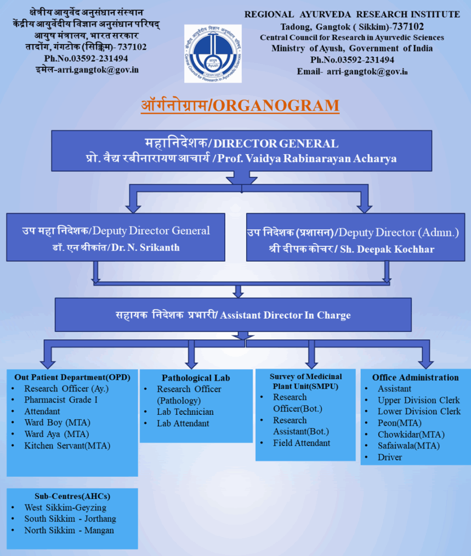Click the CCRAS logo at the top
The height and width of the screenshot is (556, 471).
pyautogui.click(x=213, y=53)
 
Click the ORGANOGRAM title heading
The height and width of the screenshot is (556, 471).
pyautogui.click(x=240, y=105)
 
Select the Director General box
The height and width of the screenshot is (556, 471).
pyautogui.click(x=241, y=150)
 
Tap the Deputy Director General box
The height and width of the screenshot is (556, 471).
pyautogui.click(x=116, y=237)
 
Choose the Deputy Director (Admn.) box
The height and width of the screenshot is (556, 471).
pyautogui.click(x=353, y=237)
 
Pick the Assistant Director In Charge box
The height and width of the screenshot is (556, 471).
pyautogui.click(x=233, y=315)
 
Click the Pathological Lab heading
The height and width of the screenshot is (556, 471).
pyautogui.click(x=196, y=377)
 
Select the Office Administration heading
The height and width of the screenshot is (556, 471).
pyautogui.click(x=415, y=377)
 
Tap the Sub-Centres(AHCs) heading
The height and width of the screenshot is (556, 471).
pyautogui.click(x=72, y=496)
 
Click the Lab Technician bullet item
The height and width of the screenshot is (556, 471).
pyautogui.click(x=185, y=412)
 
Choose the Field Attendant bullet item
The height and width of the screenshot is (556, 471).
pyautogui.click(x=301, y=443)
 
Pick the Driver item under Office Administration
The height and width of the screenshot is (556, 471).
pyautogui.click(x=390, y=457)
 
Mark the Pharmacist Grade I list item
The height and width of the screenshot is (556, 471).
pyautogui.click(x=61, y=400)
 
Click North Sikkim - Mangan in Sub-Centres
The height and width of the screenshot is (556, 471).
pyautogui.click(x=69, y=530)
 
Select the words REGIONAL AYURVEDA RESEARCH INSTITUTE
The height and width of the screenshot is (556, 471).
pyautogui.click(x=352, y=15)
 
